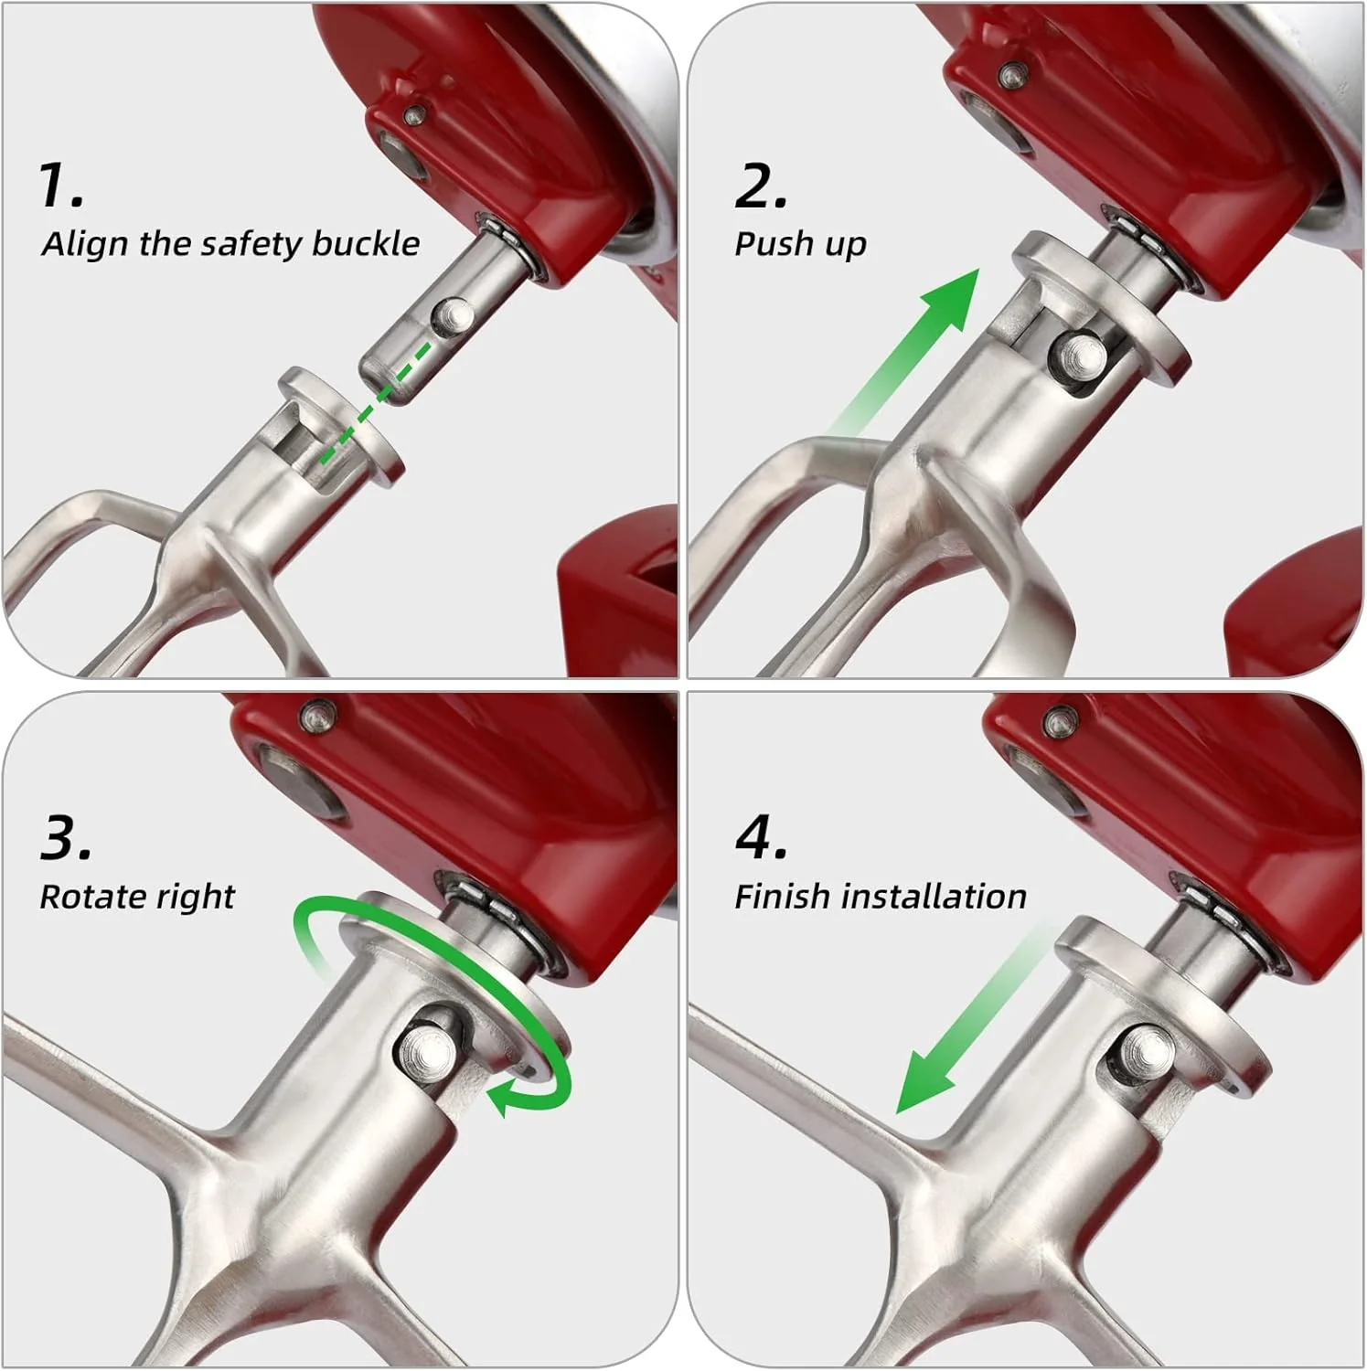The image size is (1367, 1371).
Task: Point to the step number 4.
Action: click(x=760, y=837)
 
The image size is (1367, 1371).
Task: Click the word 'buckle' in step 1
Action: click(x=365, y=244)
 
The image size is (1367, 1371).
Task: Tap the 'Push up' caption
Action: click(x=800, y=245)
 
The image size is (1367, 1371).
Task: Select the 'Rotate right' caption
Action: click(x=137, y=897)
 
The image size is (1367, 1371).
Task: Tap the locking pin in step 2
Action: click(x=1079, y=353)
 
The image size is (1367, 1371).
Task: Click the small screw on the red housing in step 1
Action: click(x=415, y=113)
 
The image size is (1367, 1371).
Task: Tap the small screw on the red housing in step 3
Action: click(x=320, y=713)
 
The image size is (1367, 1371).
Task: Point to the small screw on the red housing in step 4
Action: click(x=1060, y=721)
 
